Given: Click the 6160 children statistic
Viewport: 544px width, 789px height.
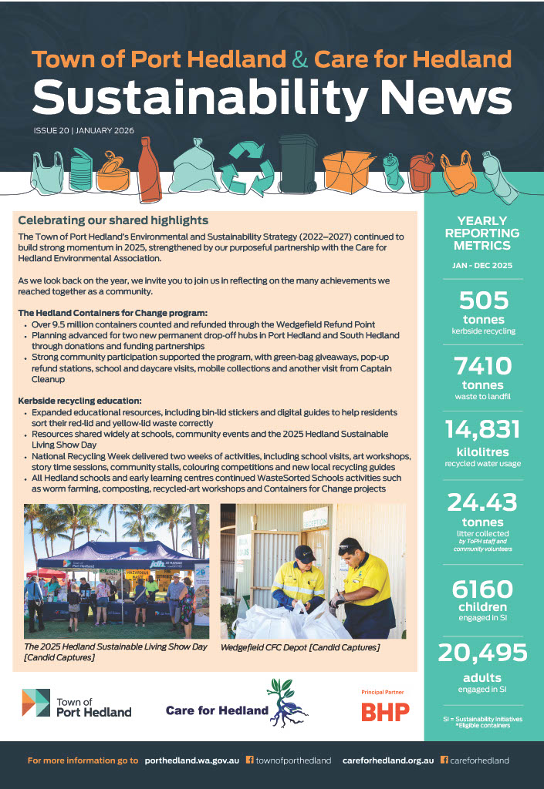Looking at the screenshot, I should pyautogui.click(x=483, y=589).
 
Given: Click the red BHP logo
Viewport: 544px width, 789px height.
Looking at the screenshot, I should pyautogui.click(x=385, y=712).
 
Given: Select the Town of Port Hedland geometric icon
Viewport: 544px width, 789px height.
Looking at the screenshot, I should pyautogui.click(x=35, y=703).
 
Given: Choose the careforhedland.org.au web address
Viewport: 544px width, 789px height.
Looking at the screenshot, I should pyautogui.click(x=387, y=760).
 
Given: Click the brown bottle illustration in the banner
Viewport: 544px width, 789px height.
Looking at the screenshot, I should pyautogui.click(x=147, y=167).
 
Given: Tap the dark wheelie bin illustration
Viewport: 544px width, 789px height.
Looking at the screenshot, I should pyautogui.click(x=296, y=164).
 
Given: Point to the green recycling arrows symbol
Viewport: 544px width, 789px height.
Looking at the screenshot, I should pyautogui.click(x=247, y=166).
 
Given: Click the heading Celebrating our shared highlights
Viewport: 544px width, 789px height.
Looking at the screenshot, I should pyautogui.click(x=113, y=220).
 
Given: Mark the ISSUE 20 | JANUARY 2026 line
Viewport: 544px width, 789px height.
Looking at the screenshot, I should pyautogui.click(x=83, y=130).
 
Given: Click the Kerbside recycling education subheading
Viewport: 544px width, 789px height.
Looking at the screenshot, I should pyautogui.click(x=79, y=401).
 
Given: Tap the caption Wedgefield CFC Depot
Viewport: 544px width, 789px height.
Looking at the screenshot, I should pyautogui.click(x=300, y=647).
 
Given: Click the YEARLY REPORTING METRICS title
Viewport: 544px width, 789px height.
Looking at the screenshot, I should pyautogui.click(x=483, y=233).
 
